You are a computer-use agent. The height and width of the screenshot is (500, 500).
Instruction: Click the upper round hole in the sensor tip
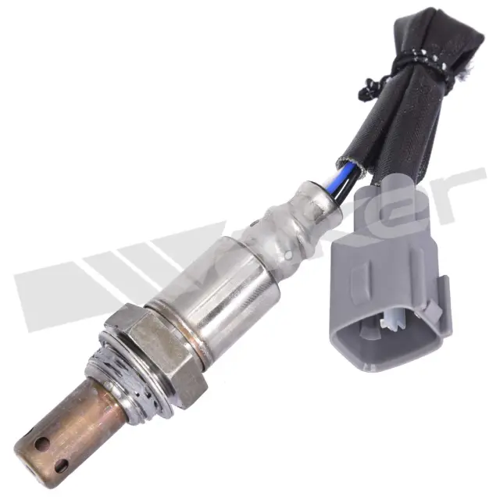[41, 443]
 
